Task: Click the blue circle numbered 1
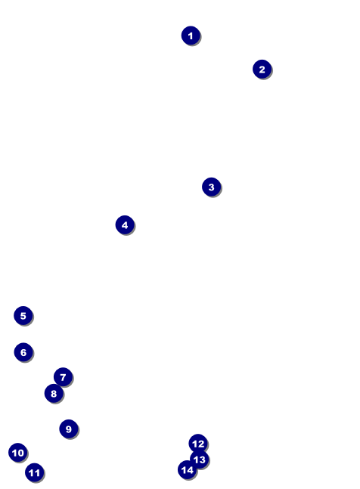[191, 36]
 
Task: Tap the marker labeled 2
[262, 70]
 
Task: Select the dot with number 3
[211, 187]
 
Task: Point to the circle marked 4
[125, 225]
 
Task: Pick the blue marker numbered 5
[23, 316]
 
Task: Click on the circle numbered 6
[23, 352]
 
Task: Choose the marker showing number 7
[63, 377]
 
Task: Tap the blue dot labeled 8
[54, 393]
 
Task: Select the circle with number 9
[69, 429]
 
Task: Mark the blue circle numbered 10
[18, 453]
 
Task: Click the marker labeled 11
[34, 472]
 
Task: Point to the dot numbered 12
[198, 444]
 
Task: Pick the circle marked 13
[200, 460]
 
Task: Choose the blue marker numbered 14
[187, 469]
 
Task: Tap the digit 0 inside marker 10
[20, 453]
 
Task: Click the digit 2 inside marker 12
[200, 444]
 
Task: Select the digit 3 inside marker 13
[202, 460]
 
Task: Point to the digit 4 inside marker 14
[190, 470]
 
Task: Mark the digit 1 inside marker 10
[14, 453]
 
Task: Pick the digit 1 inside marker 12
[194, 444]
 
